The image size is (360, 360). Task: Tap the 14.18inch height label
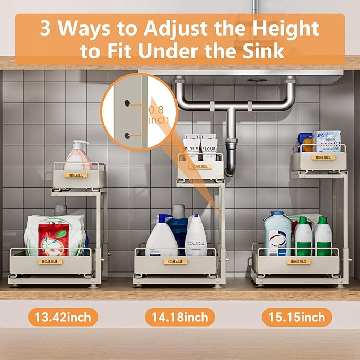180,318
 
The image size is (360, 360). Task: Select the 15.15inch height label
296,318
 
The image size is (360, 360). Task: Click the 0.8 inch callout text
159,115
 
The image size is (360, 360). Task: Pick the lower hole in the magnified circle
127,136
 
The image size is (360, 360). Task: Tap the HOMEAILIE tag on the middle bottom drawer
175,261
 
